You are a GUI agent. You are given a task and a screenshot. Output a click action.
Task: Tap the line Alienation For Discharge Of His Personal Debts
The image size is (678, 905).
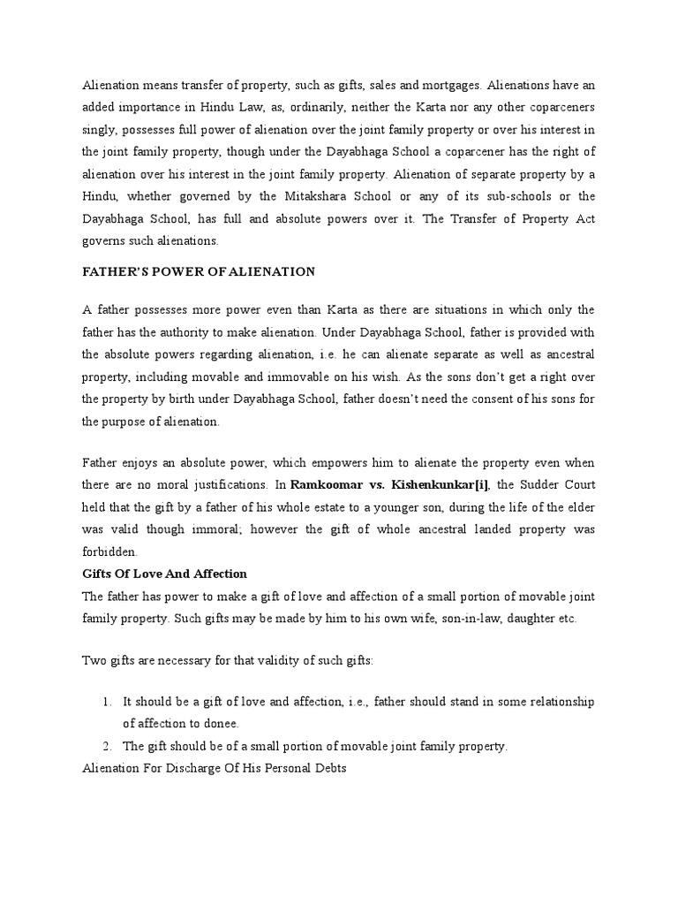point(214,768)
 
